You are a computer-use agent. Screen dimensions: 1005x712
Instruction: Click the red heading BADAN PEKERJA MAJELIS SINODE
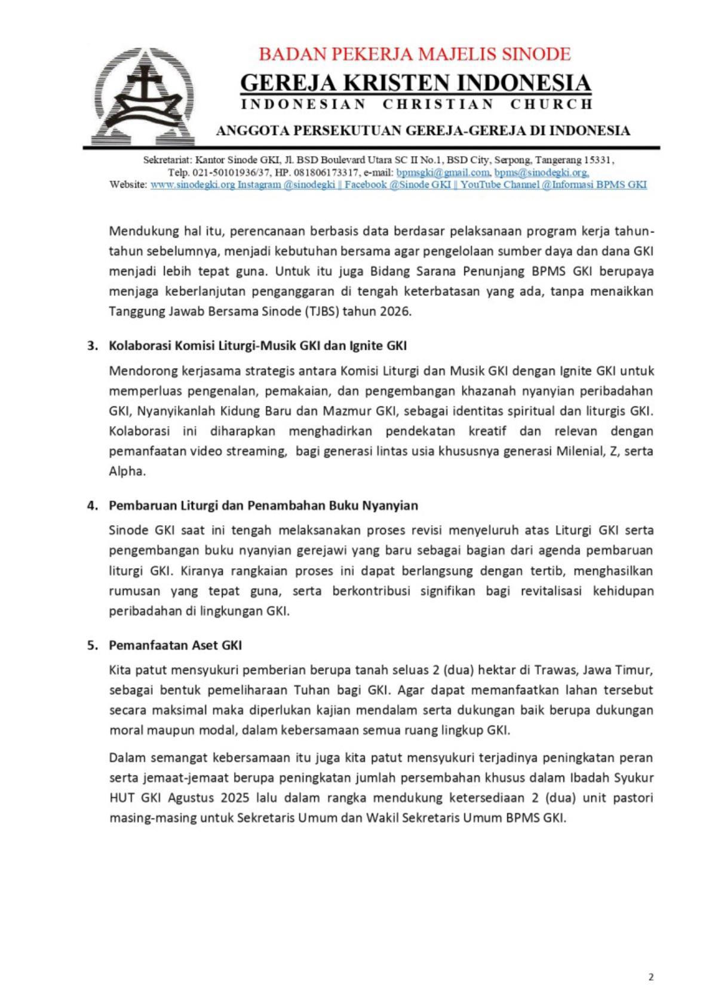pyautogui.click(x=415, y=54)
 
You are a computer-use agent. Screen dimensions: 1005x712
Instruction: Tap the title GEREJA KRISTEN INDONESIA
pyautogui.click(x=416, y=82)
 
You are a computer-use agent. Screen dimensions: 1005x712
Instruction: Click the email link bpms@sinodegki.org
pyautogui.click(x=541, y=173)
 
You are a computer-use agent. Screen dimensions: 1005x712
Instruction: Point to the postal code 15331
pyautogui.click(x=598, y=160)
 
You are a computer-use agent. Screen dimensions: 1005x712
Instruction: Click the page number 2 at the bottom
pyautogui.click(x=650, y=977)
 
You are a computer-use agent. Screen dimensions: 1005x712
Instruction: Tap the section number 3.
pyautogui.click(x=92, y=346)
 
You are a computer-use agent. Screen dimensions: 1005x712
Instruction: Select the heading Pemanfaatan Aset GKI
pyautogui.click(x=175, y=645)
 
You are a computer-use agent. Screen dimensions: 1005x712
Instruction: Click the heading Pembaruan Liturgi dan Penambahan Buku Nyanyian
pyautogui.click(x=263, y=505)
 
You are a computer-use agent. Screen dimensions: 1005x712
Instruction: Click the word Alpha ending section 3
pyautogui.click(x=127, y=471)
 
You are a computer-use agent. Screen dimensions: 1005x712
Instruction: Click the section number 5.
pyautogui.click(x=92, y=645)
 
